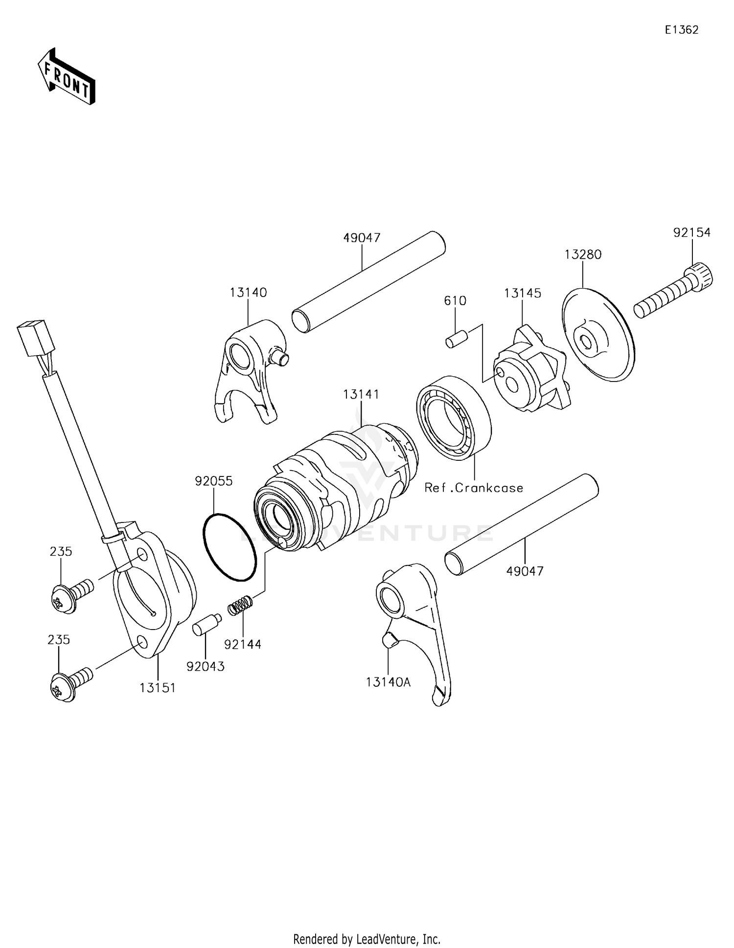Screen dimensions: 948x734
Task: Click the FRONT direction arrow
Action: coord(67,76)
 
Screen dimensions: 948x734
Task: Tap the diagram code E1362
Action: coord(681,30)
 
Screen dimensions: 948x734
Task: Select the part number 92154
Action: coord(691,233)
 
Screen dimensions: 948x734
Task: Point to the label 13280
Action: coord(583,254)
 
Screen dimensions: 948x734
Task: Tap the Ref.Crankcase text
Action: coord(474,488)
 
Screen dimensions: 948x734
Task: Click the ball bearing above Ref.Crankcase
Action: coord(454,417)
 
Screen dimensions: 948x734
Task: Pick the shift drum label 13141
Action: coord(361,394)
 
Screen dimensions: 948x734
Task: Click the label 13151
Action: coord(158,688)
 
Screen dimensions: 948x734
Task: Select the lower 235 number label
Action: coord(59,640)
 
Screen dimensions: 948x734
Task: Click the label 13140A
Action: coord(388,682)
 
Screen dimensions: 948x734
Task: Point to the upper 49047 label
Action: coord(362,238)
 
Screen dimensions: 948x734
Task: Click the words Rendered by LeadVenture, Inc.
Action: coord(367,939)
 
